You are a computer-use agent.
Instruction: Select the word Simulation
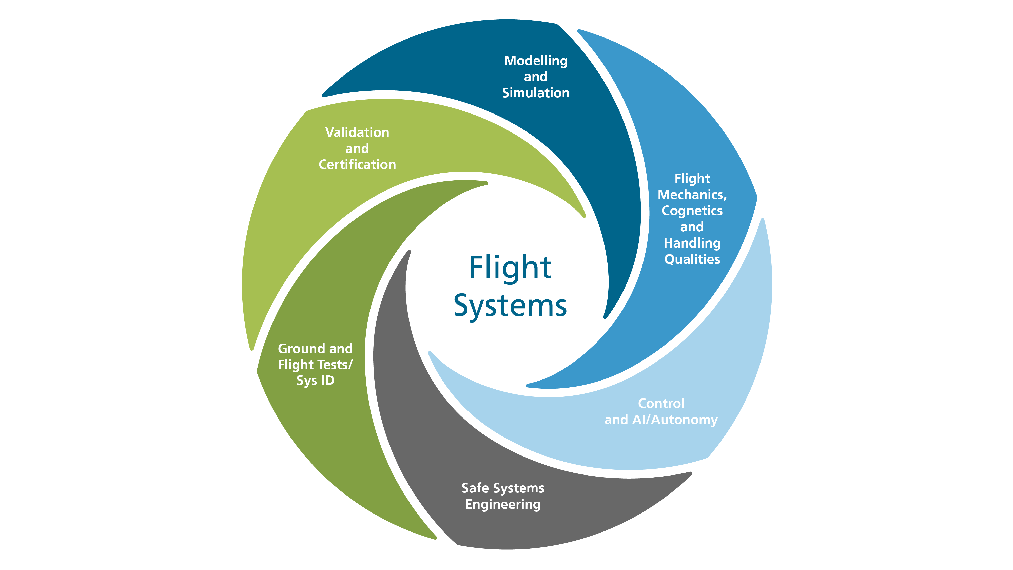[536, 93]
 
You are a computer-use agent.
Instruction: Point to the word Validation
[357, 132]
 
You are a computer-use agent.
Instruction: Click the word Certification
[357, 164]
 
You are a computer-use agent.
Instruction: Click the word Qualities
[692, 259]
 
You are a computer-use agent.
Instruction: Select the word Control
[661, 403]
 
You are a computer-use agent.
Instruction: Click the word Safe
[475, 488]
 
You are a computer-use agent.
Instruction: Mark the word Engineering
[503, 505]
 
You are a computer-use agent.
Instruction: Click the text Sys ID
[315, 381]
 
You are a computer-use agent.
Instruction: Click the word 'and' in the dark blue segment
[536, 77]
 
